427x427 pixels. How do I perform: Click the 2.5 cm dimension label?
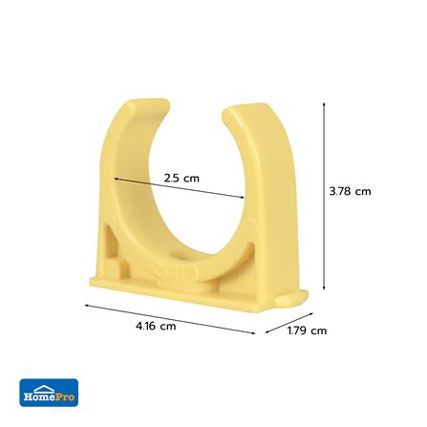pyautogui.click(x=181, y=178)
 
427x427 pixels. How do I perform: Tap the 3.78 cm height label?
pyautogui.click(x=350, y=191)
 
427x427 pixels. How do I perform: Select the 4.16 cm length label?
pyautogui.click(x=156, y=326)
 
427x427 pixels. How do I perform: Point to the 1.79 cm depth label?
pyautogui.click(x=307, y=331)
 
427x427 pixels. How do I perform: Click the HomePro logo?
pyautogui.click(x=49, y=393)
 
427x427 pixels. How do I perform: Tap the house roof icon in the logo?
pyautogui.click(x=44, y=389)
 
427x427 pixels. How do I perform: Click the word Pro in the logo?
pyautogui.click(x=66, y=397)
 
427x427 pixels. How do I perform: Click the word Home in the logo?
pyautogui.click(x=40, y=397)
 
